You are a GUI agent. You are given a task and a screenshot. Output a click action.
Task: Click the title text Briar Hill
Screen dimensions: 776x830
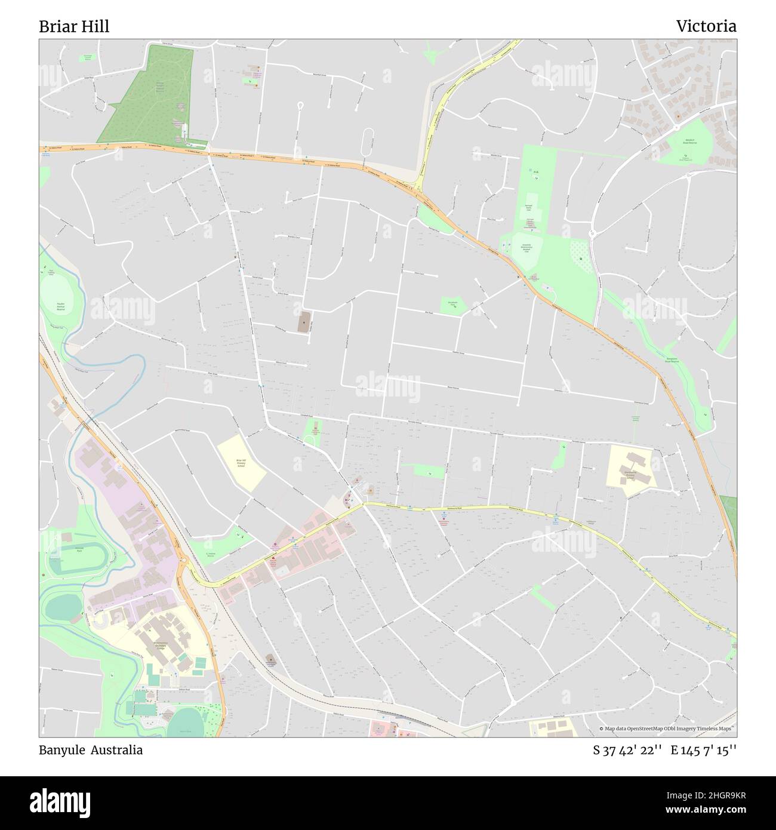click(x=74, y=27)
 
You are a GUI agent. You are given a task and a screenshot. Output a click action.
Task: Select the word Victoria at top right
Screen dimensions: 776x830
click(x=706, y=26)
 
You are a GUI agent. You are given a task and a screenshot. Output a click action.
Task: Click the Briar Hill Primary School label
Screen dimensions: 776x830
click(x=241, y=463)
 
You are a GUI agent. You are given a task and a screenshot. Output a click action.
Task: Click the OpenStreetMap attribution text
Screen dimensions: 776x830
click(x=667, y=728)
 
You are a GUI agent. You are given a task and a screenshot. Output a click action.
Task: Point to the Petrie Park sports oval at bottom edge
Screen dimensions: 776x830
click(x=185, y=726)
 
